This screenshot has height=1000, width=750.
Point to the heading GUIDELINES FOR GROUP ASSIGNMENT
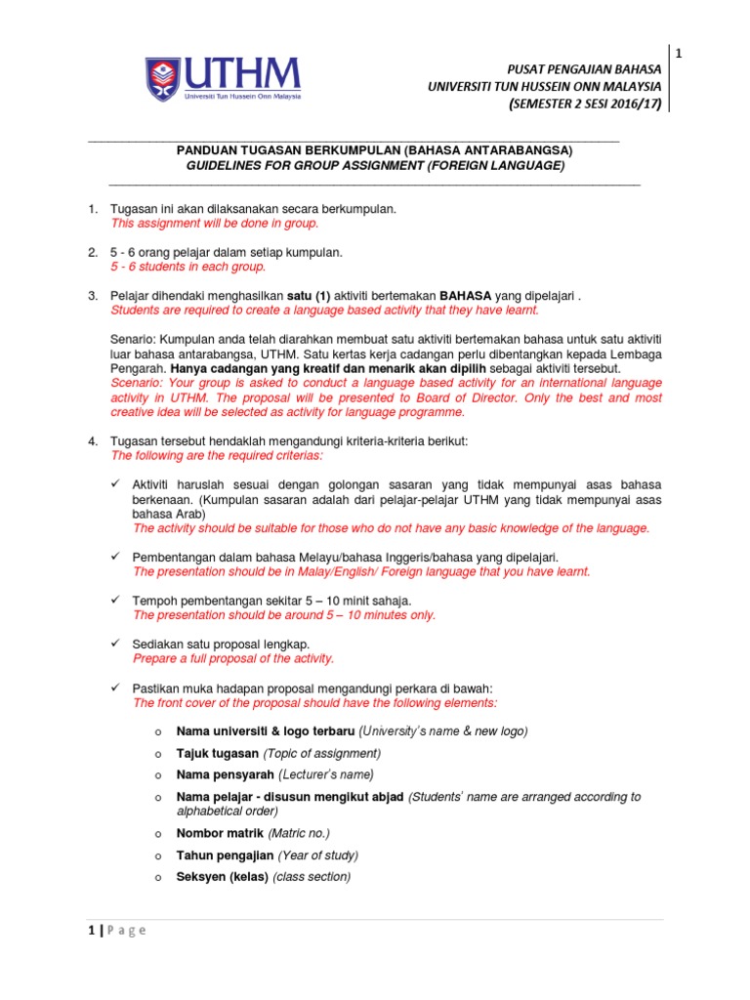375,166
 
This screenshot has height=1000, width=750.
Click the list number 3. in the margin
93,295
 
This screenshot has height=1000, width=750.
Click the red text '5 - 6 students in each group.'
187,267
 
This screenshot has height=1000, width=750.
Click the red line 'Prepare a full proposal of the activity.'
233,658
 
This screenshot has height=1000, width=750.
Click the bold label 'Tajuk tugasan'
217,753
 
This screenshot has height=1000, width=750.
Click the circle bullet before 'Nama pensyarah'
156,775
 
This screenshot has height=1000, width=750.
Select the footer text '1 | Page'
111,931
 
